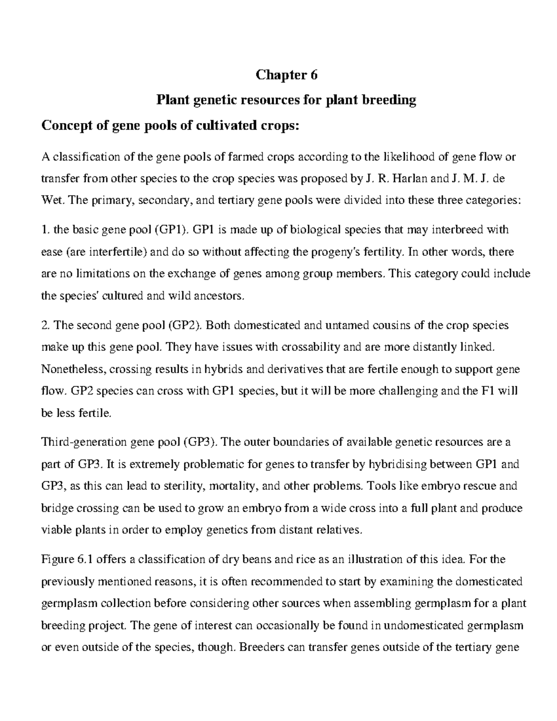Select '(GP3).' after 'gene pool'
coord(200,442)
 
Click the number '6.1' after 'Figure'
coord(84,559)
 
